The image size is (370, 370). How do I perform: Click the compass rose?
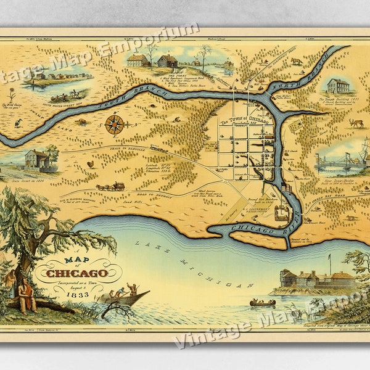[113, 125]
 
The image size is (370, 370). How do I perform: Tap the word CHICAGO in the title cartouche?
[76, 273]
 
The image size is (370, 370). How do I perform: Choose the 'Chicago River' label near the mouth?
[253, 229]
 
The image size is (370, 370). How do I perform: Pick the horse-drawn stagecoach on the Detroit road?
[111, 186]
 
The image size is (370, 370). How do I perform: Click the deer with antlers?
[356, 123]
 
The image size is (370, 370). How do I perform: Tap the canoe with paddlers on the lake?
[262, 302]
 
